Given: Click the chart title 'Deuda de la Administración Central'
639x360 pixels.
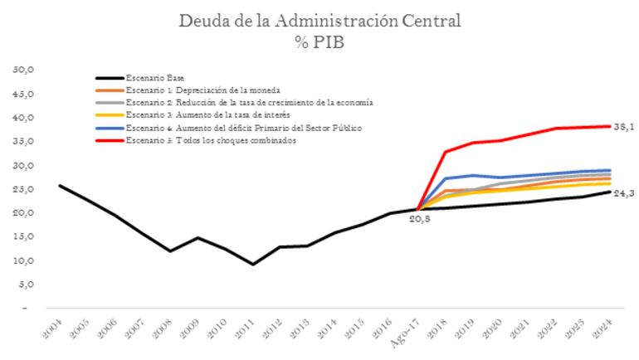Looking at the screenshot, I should click(319, 20).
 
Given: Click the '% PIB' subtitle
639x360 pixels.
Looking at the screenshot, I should click(319, 41).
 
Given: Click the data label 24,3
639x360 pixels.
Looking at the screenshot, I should click(623, 192).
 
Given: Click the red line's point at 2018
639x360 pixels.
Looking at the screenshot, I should click(446, 152).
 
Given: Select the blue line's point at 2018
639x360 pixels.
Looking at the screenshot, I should click(446, 178).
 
